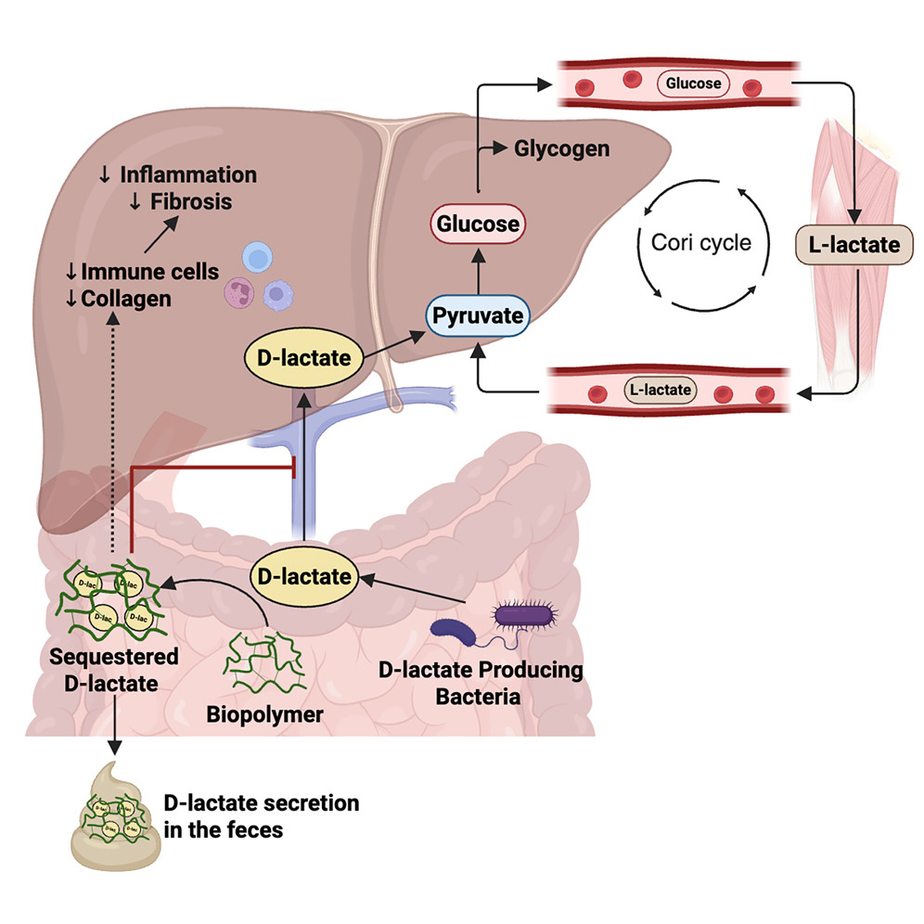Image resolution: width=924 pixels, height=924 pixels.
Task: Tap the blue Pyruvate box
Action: (x=477, y=316)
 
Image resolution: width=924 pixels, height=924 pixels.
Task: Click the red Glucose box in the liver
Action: (x=477, y=224)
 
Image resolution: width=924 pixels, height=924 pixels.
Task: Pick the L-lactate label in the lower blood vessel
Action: (x=661, y=389)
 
